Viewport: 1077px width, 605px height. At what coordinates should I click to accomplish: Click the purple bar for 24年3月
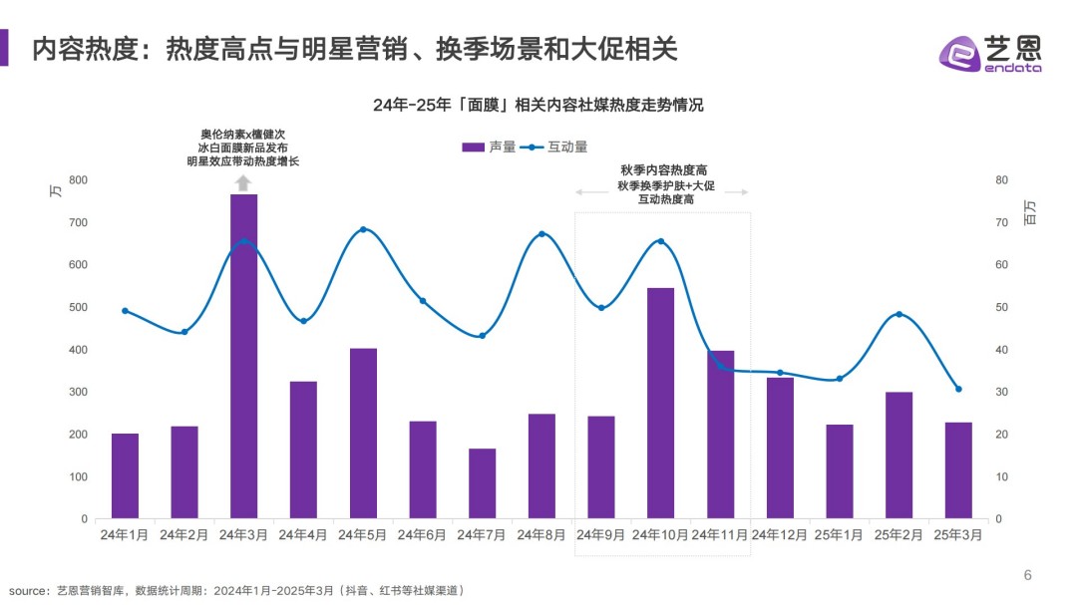[x=243, y=357]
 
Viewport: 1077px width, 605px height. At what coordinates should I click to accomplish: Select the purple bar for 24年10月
[x=660, y=404]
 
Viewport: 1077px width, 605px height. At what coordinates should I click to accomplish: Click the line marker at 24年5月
[x=363, y=229]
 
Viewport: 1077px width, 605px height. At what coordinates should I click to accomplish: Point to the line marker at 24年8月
[x=541, y=234]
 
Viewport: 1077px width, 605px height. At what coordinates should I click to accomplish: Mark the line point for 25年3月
[x=958, y=389]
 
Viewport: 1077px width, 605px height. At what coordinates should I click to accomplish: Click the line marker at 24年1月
[x=125, y=311]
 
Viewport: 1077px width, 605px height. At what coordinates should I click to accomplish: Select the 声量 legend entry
[x=489, y=147]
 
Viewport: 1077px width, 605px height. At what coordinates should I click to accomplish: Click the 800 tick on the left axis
[x=78, y=180]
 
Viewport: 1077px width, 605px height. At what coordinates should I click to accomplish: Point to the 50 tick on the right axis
[x=1001, y=308]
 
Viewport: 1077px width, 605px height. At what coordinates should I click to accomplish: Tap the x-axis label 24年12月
[x=780, y=535]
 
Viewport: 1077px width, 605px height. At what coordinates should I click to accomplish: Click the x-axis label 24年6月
[x=422, y=535]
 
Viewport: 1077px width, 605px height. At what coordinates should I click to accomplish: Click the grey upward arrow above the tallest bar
[x=243, y=181]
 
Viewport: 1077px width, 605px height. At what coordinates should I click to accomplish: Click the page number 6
[x=1028, y=575]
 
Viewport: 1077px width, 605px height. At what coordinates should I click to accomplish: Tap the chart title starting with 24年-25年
[x=538, y=105]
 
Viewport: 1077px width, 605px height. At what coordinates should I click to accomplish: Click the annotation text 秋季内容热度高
[x=663, y=170]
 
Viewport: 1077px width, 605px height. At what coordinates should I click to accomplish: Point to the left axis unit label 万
[x=56, y=190]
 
